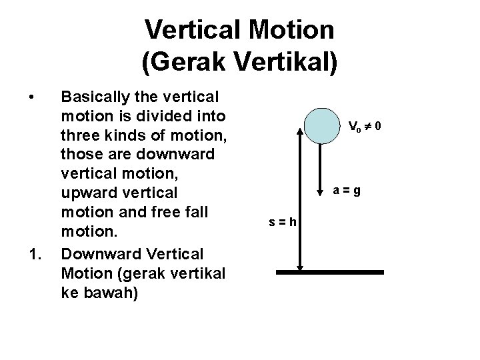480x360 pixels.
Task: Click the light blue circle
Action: pos(322,125)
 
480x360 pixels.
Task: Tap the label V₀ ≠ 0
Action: pos(365,125)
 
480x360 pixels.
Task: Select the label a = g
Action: pos(348,190)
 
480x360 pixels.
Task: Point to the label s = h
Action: pos(283,222)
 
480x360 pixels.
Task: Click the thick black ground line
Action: pos(330,272)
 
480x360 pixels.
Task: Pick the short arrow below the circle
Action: pos(322,167)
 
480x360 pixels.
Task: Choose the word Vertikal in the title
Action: pos(289,61)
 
